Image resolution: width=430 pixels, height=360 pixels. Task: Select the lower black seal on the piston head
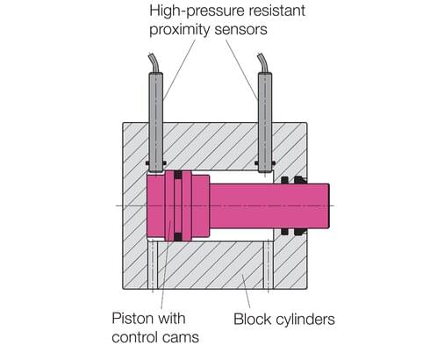pos(179,234)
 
